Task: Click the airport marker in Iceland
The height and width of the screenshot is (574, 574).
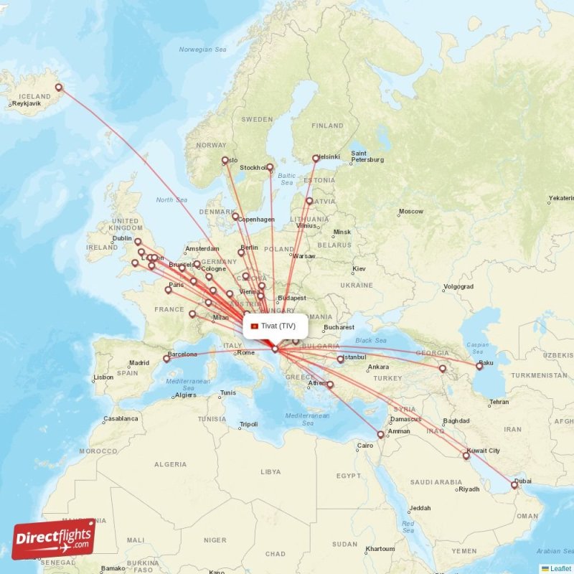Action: [x=59, y=88]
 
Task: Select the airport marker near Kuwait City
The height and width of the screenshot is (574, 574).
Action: [x=466, y=456]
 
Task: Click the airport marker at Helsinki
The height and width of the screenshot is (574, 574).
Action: [x=316, y=159]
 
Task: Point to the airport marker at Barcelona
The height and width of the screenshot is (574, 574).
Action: [x=166, y=359]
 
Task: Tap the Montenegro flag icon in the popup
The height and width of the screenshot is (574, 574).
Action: [x=254, y=326]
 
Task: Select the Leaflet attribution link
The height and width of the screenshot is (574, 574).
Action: [x=560, y=568]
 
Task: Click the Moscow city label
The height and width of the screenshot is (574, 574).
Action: [x=411, y=212]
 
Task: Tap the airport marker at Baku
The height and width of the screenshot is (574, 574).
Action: [x=479, y=366]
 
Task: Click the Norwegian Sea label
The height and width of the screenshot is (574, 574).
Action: [x=202, y=49]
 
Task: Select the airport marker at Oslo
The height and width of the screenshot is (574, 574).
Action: [x=225, y=161]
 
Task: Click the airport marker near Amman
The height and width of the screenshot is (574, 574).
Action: [x=381, y=434]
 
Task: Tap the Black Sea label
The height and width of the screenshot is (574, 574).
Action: [x=371, y=340]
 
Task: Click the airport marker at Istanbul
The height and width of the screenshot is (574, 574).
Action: [x=340, y=359]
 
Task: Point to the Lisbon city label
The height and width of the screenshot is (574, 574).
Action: [x=103, y=377]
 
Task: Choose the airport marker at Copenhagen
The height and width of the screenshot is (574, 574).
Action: [x=235, y=216]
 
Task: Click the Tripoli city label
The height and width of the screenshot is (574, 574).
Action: [x=248, y=424]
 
